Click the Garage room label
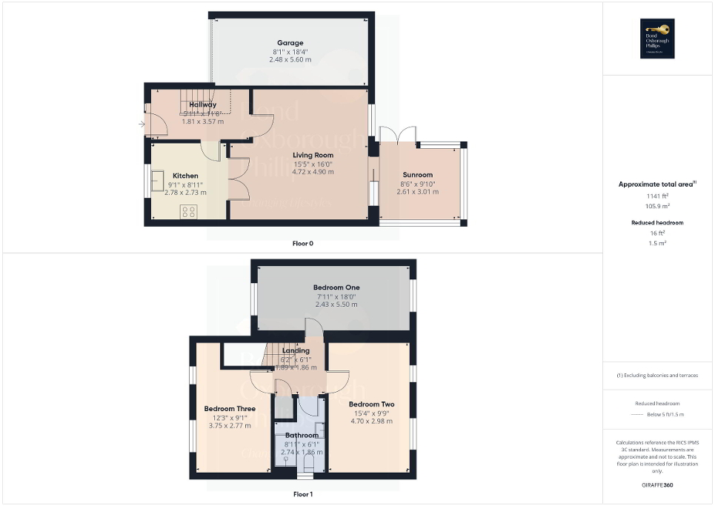[290, 43]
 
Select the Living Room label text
[313, 155]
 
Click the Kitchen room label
[185, 176]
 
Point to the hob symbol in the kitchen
[188, 212]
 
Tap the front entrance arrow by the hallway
[142, 124]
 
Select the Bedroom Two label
[371, 405]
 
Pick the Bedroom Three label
[230, 408]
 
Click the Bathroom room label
[302, 435]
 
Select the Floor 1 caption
[302, 493]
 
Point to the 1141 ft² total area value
[658, 196]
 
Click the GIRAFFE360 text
[658, 485]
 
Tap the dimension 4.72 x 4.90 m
[313, 172]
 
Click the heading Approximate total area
[656, 184]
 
